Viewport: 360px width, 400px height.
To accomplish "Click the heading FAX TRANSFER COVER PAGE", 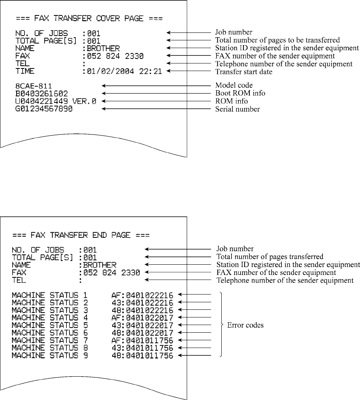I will point(89,19).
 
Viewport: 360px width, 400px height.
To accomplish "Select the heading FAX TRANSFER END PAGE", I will point(81,235).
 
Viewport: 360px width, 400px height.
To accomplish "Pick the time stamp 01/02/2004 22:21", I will point(125,71).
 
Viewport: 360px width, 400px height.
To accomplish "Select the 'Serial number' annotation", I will point(237,109).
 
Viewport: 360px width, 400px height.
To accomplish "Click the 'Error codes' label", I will point(245,325).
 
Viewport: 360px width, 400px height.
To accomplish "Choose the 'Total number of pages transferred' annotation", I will point(270,257).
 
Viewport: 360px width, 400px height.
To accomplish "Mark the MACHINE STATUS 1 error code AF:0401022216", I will point(142,295).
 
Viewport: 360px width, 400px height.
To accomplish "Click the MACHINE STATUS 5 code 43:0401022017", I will point(142,325).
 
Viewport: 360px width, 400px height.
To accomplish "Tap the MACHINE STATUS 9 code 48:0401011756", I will point(142,355).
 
